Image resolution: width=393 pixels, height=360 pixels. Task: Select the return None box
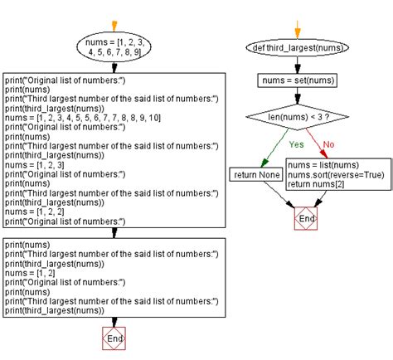(256, 175)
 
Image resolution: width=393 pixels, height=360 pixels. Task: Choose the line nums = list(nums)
(318, 165)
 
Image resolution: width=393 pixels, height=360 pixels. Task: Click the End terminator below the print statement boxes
(114, 338)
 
